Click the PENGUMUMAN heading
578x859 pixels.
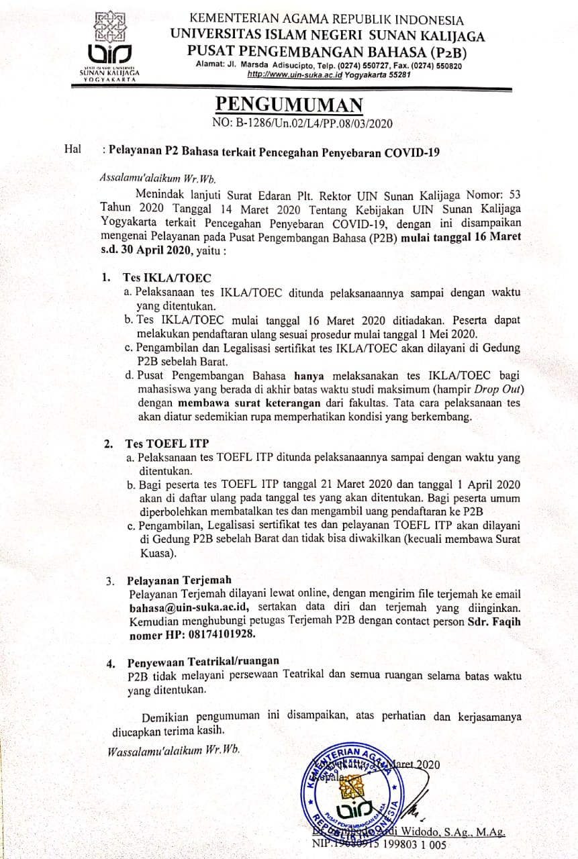(x=289, y=105)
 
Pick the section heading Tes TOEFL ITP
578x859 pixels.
(x=156, y=444)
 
